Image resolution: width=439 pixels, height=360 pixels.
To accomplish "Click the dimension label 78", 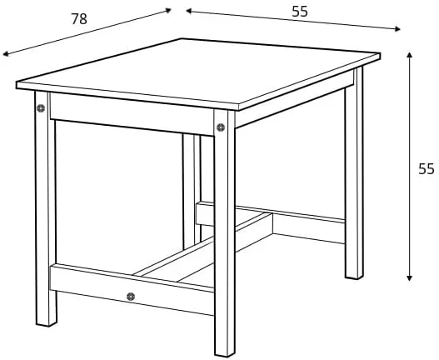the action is point(79,19).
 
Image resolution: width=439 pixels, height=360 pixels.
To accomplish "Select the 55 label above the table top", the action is point(300,12).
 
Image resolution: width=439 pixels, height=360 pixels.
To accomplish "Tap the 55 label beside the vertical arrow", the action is point(427,169).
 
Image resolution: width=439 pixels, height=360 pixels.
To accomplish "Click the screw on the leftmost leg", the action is point(41,107).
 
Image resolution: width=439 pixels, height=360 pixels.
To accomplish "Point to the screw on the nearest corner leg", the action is point(221,127).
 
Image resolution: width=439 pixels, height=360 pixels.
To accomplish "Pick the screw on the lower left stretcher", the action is point(131,297).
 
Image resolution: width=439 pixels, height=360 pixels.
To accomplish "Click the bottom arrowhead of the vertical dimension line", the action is point(409,278).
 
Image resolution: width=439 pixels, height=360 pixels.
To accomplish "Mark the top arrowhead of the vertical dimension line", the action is point(409,55).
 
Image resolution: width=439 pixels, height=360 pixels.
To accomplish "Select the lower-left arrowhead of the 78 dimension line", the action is point(6,54).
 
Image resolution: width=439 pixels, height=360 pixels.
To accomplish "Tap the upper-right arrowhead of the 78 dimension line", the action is point(168,10).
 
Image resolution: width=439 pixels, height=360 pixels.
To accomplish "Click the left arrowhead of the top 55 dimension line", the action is point(189,11).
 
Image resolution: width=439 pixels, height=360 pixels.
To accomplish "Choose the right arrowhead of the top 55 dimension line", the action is point(397,29).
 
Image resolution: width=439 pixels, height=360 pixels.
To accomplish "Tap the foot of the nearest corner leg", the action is point(225,353).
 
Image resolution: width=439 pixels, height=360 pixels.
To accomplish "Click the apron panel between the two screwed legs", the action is point(132,114).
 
